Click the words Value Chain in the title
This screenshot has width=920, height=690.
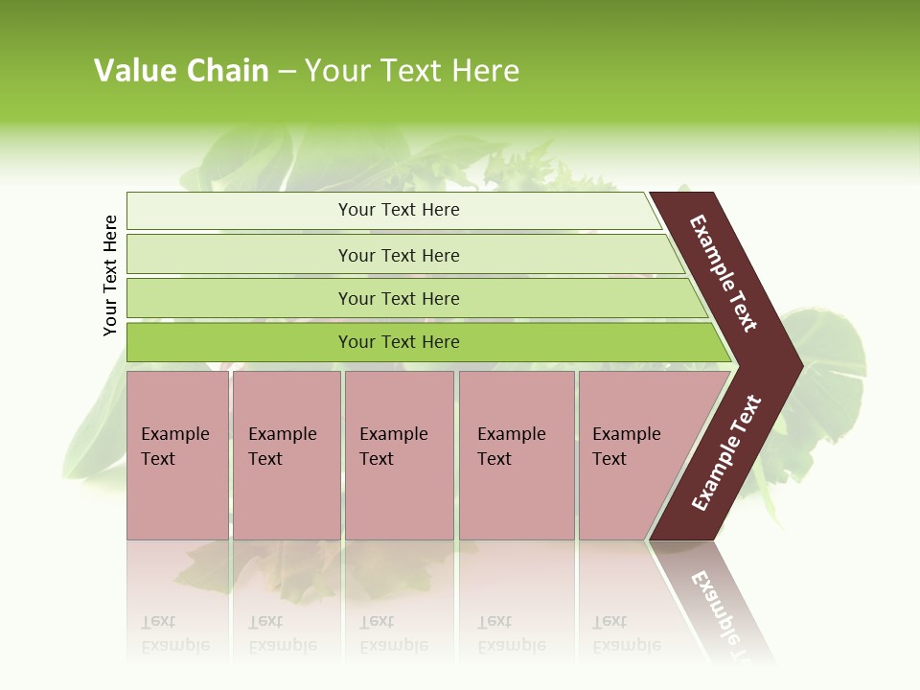(181, 71)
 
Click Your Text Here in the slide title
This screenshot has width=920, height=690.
(412, 71)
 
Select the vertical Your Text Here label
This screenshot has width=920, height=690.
(110, 275)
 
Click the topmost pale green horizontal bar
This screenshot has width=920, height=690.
(240, 211)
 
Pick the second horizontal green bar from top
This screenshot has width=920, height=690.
(240, 255)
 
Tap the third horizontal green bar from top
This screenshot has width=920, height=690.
(240, 298)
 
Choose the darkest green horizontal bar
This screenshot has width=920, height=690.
(240, 342)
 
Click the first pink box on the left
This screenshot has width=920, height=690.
(177, 498)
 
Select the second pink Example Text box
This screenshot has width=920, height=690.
(287, 498)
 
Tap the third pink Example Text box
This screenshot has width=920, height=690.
(399, 498)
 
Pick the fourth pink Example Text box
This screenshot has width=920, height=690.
(517, 498)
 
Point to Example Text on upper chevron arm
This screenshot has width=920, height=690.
(724, 273)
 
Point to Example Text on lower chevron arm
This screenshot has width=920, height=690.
(726, 453)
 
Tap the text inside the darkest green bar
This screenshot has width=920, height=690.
(399, 342)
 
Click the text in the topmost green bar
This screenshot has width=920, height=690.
(399, 210)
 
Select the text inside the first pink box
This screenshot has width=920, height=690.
(174, 447)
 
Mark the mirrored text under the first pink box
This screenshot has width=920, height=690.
(174, 633)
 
